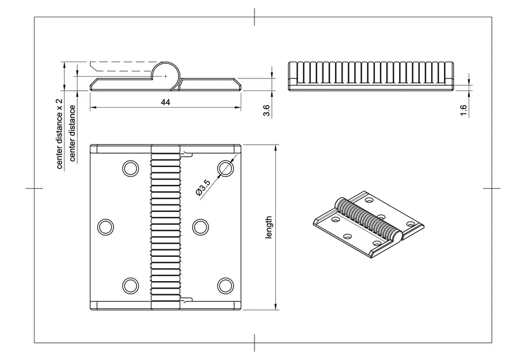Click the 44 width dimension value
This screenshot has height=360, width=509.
(165, 102)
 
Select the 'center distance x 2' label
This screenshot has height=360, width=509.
(59, 134)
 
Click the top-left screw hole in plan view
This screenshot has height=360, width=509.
(130, 168)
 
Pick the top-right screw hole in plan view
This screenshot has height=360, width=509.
(225, 168)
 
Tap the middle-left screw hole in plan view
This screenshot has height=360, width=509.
(106, 227)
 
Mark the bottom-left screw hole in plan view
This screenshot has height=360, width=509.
(130, 285)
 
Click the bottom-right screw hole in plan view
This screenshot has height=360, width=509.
(225, 285)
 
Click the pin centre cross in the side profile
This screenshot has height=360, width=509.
(166, 75)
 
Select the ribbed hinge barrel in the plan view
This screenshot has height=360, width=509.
(165, 227)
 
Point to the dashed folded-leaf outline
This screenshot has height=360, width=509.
(121, 67)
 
